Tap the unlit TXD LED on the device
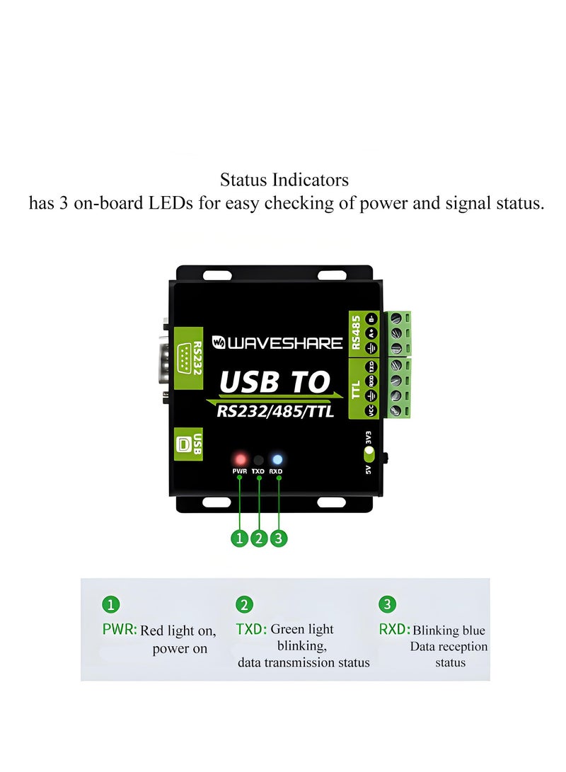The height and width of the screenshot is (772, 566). (x=259, y=459)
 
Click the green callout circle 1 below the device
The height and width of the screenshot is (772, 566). (x=239, y=538)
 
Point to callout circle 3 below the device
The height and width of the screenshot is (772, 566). (x=279, y=538)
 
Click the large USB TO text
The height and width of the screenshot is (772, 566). (x=275, y=382)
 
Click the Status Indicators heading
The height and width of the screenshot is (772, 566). (x=284, y=180)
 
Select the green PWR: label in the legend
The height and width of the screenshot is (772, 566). (x=120, y=628)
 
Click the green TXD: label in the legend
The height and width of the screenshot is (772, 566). (x=251, y=628)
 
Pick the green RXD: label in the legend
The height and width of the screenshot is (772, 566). (x=394, y=628)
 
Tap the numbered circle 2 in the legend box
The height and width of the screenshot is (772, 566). (x=244, y=605)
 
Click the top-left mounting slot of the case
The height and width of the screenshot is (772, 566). (x=214, y=275)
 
